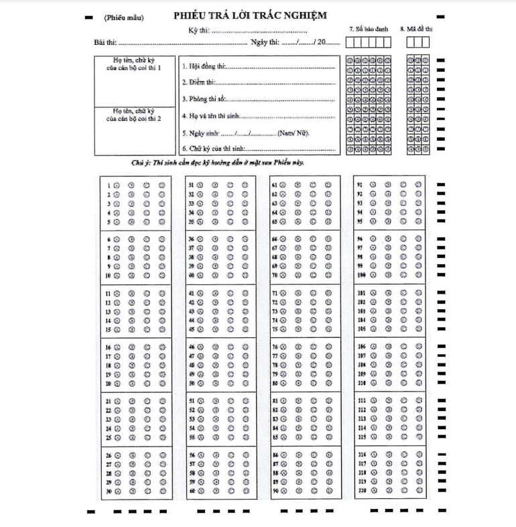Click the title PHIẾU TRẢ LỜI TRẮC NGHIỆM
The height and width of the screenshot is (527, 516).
pos(249,16)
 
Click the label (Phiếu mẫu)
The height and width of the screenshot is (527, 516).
pos(124,17)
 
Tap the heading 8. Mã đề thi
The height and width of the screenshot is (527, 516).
pos(417,29)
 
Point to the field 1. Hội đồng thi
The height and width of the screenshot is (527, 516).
pos(204,68)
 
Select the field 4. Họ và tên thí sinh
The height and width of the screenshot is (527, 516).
pos(210,115)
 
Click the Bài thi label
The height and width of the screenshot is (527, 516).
pos(105,42)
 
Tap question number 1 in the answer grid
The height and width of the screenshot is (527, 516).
pos(109,184)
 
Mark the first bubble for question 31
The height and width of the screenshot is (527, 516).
pos(199,184)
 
